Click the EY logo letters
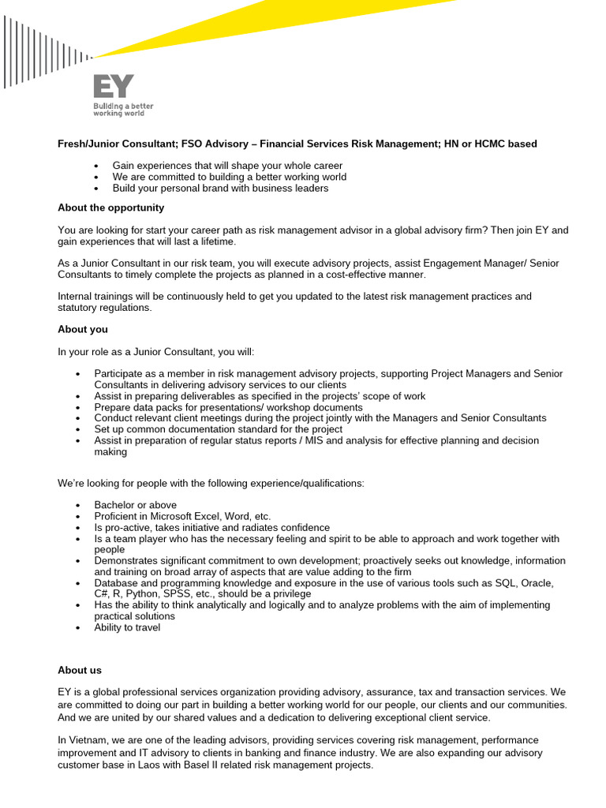[x=114, y=86]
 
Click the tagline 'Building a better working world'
[x=123, y=109]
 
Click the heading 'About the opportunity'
[x=110, y=208]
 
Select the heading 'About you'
[x=83, y=329]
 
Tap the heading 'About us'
[x=80, y=670]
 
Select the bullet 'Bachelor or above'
[x=135, y=505]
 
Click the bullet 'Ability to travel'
[x=127, y=627]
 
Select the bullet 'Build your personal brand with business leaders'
[x=220, y=188]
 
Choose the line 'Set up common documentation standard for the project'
[x=218, y=429]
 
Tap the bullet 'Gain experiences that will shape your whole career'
[x=227, y=166]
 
